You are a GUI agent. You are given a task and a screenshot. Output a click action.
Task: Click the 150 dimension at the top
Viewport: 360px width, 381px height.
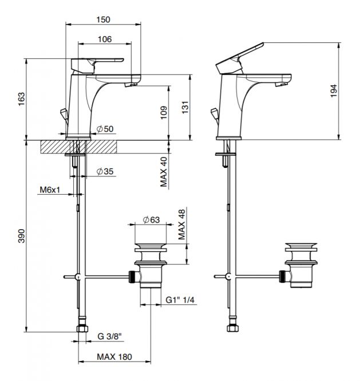(x=103, y=19)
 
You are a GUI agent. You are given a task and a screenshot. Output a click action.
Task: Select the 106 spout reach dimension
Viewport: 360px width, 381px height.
(x=105, y=39)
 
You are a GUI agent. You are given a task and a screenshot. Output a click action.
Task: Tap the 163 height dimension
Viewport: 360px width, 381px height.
(x=22, y=99)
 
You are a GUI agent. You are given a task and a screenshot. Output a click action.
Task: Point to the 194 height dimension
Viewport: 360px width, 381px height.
(x=334, y=91)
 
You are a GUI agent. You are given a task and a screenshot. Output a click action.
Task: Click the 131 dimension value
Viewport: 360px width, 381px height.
(x=185, y=107)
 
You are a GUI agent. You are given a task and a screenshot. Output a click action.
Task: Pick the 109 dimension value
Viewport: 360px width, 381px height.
(x=164, y=112)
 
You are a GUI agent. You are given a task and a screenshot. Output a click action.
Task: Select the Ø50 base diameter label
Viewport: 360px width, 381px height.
(x=105, y=129)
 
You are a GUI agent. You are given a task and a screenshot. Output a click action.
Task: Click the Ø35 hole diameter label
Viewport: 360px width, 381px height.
(x=105, y=171)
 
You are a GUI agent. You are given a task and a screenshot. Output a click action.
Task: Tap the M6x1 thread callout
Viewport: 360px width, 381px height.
(x=50, y=190)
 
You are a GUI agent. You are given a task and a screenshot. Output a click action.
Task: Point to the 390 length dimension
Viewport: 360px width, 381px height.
(x=22, y=235)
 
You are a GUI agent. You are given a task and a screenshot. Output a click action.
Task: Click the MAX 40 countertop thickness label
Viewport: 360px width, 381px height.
(x=164, y=172)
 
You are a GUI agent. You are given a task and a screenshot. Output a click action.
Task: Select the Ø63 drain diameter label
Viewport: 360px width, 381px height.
(x=151, y=220)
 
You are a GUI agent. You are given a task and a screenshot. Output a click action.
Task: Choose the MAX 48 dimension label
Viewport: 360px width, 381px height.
(x=182, y=225)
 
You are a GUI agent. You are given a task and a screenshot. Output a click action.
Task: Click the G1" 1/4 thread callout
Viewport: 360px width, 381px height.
(x=180, y=300)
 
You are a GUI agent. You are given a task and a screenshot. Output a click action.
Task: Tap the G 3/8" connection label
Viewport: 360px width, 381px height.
(x=109, y=336)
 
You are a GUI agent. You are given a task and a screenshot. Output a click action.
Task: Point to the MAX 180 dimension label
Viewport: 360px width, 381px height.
(x=114, y=357)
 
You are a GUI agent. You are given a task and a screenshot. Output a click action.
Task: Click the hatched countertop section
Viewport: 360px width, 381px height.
(x=78, y=147)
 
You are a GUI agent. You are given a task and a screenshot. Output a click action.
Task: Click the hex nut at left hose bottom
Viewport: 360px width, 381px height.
(x=83, y=329)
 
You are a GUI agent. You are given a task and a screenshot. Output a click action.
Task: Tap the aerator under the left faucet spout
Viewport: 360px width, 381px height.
(x=131, y=85)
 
